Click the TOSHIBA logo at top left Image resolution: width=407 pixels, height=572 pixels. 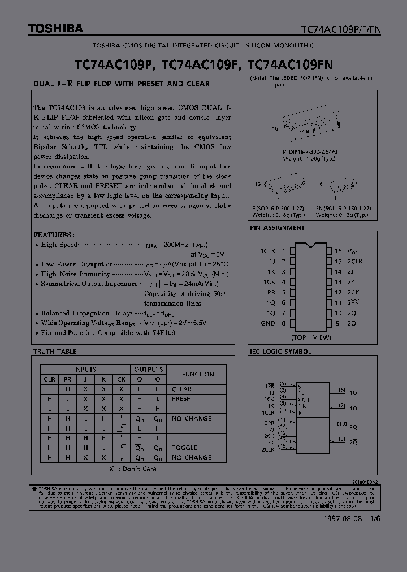tap(48, 28)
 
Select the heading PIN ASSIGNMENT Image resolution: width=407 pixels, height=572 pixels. tap(277, 228)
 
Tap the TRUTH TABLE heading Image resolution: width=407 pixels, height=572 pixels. tap(55, 352)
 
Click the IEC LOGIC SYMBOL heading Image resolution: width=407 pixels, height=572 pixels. tap(281, 352)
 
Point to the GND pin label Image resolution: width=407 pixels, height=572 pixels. tap(268, 323)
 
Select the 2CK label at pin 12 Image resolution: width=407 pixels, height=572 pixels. tap(353, 292)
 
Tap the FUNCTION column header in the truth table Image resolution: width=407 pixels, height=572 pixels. tap(198, 374)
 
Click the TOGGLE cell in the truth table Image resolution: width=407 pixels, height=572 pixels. tap(184, 448)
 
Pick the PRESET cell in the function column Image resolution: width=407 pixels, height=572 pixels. tap(183, 399)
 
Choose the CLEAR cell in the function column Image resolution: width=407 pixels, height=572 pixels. tap(181, 389)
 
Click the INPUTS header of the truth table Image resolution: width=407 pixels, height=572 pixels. tap(85, 369)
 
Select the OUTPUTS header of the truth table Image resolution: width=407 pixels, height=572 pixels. tap(149, 369)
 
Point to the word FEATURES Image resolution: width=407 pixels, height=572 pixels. tap(54, 234)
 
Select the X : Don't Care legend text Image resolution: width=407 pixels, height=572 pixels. tap(133, 469)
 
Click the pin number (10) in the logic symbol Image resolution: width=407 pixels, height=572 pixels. tap(341, 423)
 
